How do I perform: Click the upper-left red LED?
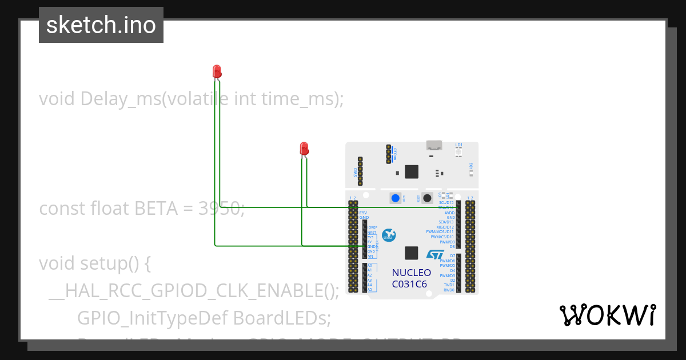[217, 71]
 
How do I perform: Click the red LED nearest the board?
[304, 149]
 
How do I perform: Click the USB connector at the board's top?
[434, 145]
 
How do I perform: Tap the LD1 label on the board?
[458, 145]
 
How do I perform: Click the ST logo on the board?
[435, 254]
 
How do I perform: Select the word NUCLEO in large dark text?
[412, 273]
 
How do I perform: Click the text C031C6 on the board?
[409, 284]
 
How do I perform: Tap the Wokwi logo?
[607, 315]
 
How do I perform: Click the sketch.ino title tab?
[101, 25]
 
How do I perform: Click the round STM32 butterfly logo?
[389, 234]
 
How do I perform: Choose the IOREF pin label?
[372, 227]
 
